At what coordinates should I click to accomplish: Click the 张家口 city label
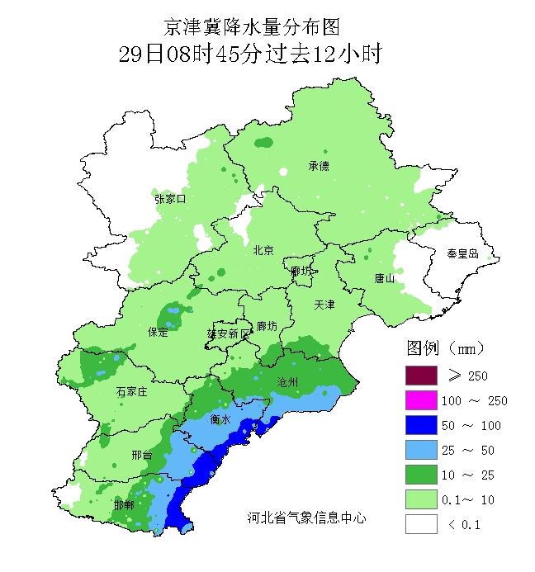pos(170,199)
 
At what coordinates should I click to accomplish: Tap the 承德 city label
pos(319,165)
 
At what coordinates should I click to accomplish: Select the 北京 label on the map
pos(263,250)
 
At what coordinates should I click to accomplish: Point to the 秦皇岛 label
pos(462,253)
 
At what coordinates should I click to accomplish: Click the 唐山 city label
pos(385,278)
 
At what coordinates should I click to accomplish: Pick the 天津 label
pos(324,305)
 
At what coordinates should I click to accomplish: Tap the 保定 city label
pos(158,332)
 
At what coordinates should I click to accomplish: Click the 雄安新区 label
pos(227,333)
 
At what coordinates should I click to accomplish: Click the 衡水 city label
pos(220,419)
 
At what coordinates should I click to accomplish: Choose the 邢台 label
pos(141,455)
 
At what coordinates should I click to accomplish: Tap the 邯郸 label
pos(124,504)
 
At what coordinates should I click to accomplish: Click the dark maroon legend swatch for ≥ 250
pos(420,376)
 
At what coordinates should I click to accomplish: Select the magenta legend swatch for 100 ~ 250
pos(420,400)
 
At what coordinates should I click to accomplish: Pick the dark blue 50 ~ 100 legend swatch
pos(420,425)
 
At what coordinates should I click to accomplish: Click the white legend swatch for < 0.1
pos(420,524)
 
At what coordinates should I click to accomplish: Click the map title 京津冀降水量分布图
pos(251,28)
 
